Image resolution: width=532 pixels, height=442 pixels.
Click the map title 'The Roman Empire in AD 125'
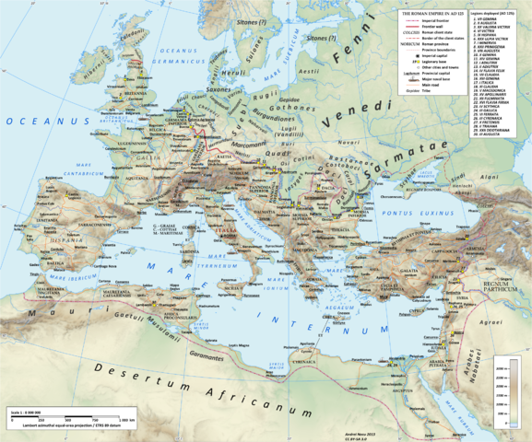430,14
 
